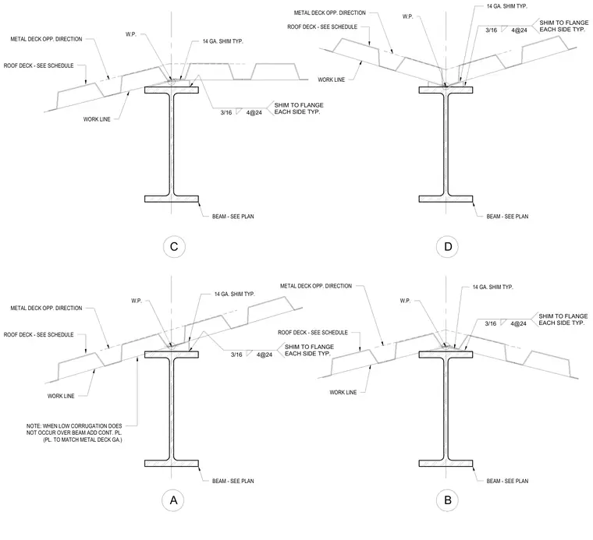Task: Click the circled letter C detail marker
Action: pos(174,246)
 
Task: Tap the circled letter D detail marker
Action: pos(447,246)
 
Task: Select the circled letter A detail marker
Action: pos(173,500)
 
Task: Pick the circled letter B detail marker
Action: pos(447,500)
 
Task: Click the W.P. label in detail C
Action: pos(131,34)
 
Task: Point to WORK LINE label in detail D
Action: pos(332,79)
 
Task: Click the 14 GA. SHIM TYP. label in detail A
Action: pos(235,294)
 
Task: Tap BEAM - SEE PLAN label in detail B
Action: pos(507,481)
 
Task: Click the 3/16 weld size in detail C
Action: pos(226,112)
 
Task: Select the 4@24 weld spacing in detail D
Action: pos(519,30)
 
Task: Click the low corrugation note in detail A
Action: pos(74,432)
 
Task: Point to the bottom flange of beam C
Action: pos(172,199)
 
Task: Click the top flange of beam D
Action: pos(446,90)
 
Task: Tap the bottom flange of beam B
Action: pos(446,464)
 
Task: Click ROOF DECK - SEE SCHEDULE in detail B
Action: pos(313,332)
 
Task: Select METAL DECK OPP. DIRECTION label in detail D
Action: pos(330,12)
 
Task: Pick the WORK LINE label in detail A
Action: pos(61,396)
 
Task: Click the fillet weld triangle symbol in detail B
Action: pos(503,322)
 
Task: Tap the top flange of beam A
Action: pos(172,355)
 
